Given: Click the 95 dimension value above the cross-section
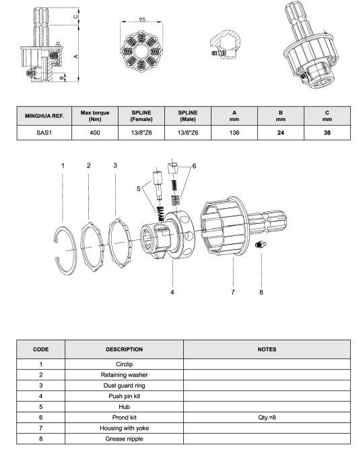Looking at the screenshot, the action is pos(142,20).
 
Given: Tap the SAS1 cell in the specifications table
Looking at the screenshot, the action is pos(44,133).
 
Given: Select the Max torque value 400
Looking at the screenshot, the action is pos(95,133).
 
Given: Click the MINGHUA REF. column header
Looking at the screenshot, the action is pos(44,116).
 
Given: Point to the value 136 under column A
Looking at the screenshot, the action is pos(234,133).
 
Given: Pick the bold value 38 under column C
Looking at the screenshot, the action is pos(327,133).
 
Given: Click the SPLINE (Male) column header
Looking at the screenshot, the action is pos(188,116).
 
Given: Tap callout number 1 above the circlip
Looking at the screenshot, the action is pos(63,165).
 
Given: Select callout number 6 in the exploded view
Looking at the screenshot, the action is pos(194,166).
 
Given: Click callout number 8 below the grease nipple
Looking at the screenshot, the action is pos(261,293).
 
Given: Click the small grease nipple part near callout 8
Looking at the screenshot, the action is pos(260,245).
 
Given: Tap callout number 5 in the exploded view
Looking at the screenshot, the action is pos(139,189).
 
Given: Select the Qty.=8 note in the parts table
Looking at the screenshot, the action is pos(267,418).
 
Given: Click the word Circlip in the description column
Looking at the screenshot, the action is pos(124,364).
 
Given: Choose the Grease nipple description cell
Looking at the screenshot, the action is pos(124,439).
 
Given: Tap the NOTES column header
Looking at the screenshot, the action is pos(267,349).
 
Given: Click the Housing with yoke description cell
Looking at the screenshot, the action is pos(124,428).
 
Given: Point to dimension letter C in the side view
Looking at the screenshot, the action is pos(75,17).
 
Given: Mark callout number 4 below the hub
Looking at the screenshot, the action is pos(172,293).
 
